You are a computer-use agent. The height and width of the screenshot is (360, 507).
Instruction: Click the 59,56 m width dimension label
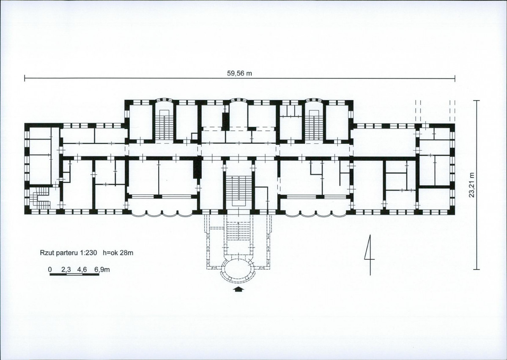(x=239, y=74)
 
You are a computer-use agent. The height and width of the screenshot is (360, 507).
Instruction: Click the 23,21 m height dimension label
(x=472, y=185)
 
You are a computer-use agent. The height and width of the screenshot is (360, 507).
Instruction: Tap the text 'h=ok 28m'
(x=118, y=253)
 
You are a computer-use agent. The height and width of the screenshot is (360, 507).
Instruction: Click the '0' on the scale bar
(x=50, y=269)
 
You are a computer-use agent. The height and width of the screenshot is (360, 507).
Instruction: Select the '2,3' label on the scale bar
(x=66, y=269)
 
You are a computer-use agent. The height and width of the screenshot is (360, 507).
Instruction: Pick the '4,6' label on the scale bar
(x=82, y=269)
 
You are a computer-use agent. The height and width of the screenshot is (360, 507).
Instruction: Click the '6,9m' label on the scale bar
(x=102, y=269)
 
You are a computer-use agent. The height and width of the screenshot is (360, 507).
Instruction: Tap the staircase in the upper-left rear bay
(x=164, y=124)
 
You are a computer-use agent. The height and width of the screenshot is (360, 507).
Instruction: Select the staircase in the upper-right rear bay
(x=314, y=124)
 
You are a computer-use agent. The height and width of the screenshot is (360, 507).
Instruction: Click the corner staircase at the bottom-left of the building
(x=40, y=198)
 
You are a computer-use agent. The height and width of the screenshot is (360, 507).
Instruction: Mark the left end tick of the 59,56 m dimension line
(x=25, y=78)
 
